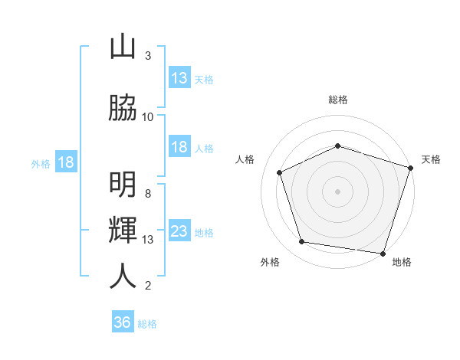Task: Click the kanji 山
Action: [123, 47]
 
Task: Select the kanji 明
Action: [123, 185]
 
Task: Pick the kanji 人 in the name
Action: [123, 276]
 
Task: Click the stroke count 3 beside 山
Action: [148, 56]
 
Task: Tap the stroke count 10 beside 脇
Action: [148, 117]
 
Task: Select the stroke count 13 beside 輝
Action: [148, 240]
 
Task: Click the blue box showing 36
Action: [123, 322]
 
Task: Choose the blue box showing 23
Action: [179, 231]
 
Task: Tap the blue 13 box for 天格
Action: [179, 78]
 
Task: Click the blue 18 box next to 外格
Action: [65, 162]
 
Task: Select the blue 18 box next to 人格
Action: [179, 147]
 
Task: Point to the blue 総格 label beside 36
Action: [148, 324]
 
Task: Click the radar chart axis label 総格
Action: [338, 100]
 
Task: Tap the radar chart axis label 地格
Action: [402, 262]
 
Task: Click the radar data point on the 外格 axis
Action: [302, 242]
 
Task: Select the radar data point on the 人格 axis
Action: [280, 172]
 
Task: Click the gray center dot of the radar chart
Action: [338, 191]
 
